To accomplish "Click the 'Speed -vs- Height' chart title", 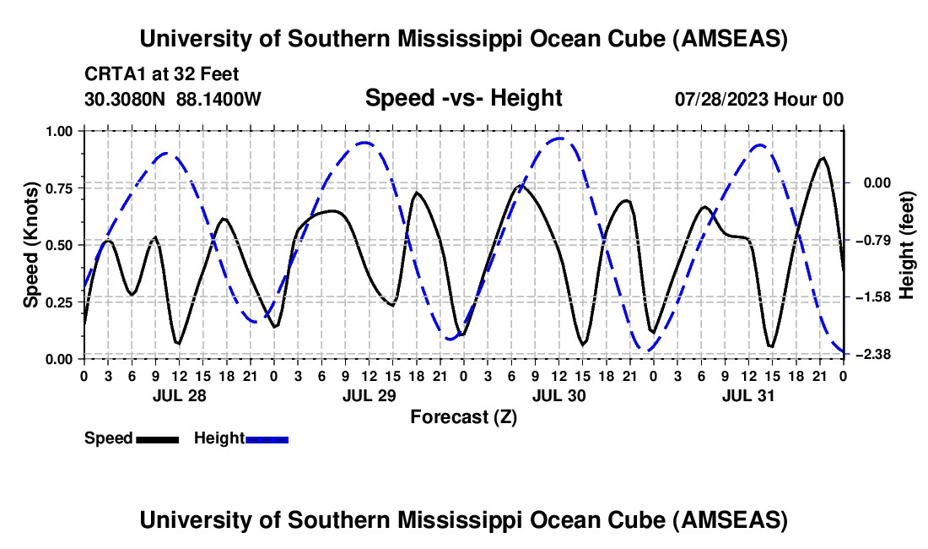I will coord(463,98).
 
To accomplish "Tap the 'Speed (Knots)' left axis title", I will coord(31,244).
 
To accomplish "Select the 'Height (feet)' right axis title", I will coord(907,245).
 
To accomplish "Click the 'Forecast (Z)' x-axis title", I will coord(463,416).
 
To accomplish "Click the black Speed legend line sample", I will coord(157,438).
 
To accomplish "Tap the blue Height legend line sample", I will coord(267,438).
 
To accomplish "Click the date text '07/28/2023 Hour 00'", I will coord(759,100).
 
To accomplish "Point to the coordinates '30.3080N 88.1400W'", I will coord(173,100).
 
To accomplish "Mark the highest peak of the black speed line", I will coord(823,158).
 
